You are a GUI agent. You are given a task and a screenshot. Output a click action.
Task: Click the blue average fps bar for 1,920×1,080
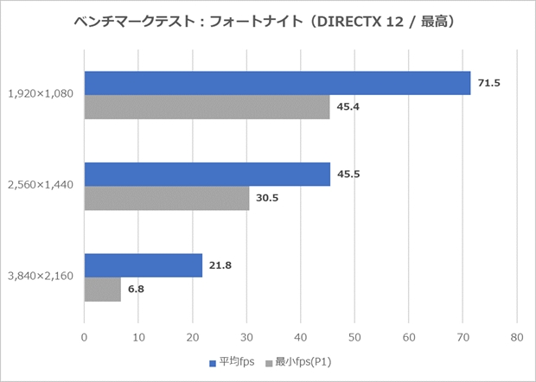pyautogui.click(x=277, y=83)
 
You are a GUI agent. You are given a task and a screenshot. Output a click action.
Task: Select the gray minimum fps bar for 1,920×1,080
pyautogui.click(x=207, y=107)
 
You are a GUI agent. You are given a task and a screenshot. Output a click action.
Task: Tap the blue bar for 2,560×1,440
pyautogui.click(x=207, y=174)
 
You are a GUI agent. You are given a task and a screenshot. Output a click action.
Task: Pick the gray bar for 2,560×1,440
pyautogui.click(x=166, y=198)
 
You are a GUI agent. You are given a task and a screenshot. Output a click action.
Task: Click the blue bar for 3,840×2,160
pyautogui.click(x=143, y=264)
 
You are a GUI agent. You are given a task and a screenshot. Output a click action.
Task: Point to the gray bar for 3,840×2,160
pyautogui.click(x=102, y=289)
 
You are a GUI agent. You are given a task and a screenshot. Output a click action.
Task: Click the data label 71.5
pyautogui.click(x=486, y=83)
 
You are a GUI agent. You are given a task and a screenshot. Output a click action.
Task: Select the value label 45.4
pyautogui.click(x=345, y=107)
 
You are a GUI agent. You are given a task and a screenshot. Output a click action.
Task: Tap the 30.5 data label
pyautogui.click(x=265, y=198)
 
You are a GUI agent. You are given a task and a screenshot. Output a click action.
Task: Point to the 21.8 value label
pyautogui.click(x=217, y=264)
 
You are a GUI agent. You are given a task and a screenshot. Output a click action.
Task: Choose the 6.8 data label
pyautogui.click(x=136, y=289)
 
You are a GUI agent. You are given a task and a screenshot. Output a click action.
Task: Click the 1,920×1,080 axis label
pyautogui.click(x=41, y=94)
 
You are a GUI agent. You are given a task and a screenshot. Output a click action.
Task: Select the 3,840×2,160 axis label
pyautogui.click(x=41, y=277)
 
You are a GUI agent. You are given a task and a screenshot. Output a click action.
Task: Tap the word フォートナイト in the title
pyautogui.click(x=261, y=21)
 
